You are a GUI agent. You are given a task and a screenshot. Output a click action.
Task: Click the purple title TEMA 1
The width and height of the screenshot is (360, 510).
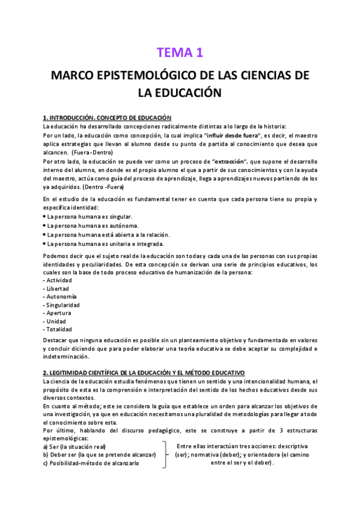click(x=180, y=53)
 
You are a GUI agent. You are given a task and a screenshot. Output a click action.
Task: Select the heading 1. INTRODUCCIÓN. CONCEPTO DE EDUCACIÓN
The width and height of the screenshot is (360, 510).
click(x=107, y=117)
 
